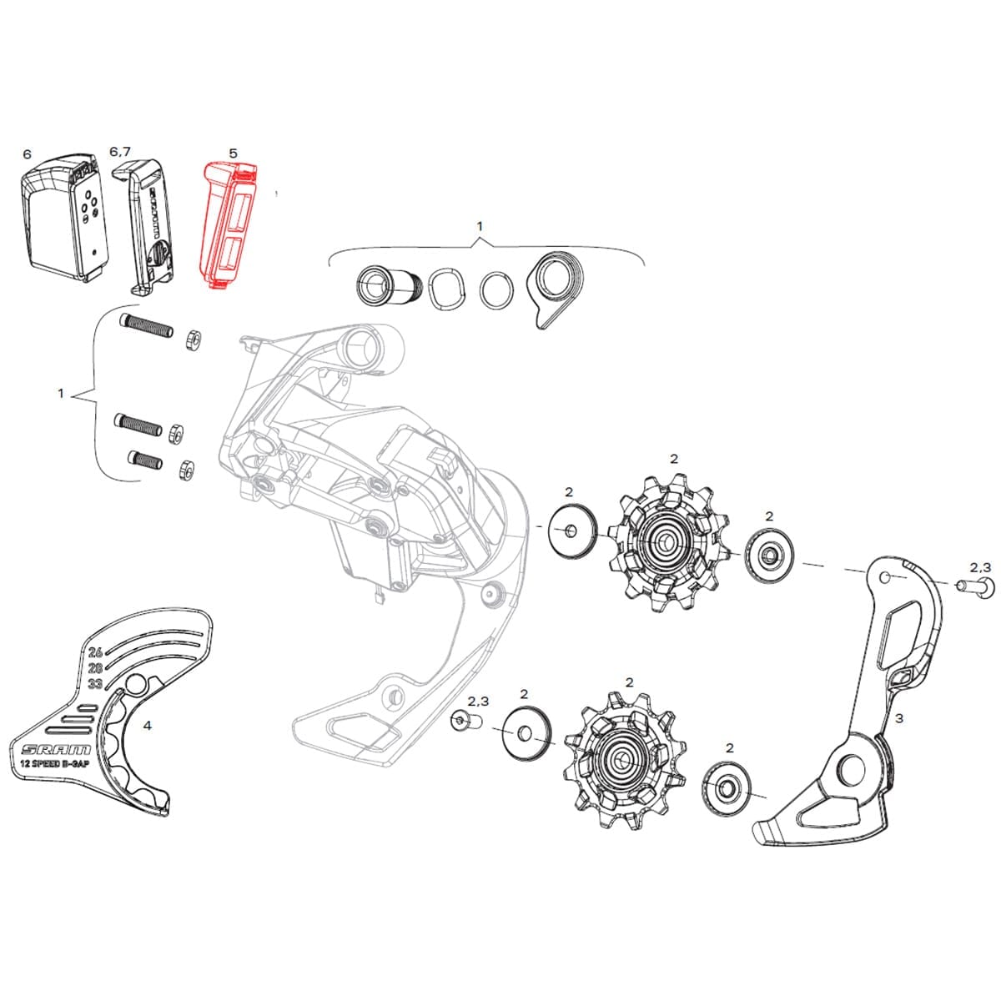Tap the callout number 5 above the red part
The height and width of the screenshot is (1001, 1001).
point(233,153)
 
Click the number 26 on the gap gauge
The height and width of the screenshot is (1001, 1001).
point(94,652)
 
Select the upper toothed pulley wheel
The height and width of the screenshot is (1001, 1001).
point(665,541)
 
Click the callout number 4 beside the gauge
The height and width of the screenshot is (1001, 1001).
point(148,725)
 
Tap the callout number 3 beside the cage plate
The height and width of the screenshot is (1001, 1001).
point(898,717)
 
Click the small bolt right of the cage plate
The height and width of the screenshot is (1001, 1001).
point(974,586)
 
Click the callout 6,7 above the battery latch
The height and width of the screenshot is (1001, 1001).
point(120,151)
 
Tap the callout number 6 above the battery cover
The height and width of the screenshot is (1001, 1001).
point(27,153)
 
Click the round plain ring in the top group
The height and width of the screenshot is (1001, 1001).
point(495,289)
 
